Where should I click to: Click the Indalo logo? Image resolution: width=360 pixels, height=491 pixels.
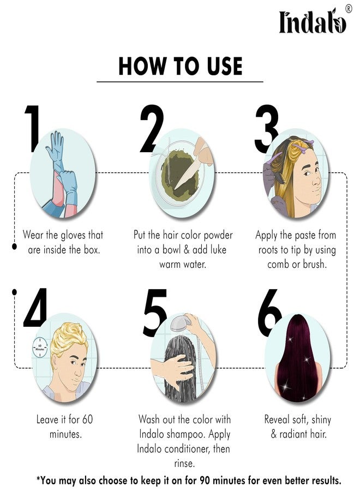pyautogui.click(x=313, y=22)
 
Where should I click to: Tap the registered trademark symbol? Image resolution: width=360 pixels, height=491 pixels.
pyautogui.click(x=348, y=9)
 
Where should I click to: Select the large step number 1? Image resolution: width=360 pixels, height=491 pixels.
pyautogui.click(x=32, y=128)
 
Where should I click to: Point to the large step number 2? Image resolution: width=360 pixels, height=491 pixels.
pyautogui.click(x=152, y=128)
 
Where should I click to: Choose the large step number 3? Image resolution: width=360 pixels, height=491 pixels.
pyautogui.click(x=266, y=128)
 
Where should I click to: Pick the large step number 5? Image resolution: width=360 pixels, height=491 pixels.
pyautogui.click(x=155, y=313)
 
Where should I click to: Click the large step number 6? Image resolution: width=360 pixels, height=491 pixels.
pyautogui.click(x=269, y=313)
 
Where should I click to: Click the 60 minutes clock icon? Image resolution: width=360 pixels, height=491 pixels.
pyautogui.click(x=40, y=348)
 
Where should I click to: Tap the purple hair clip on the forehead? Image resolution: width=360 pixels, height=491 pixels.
pyautogui.click(x=299, y=147)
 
